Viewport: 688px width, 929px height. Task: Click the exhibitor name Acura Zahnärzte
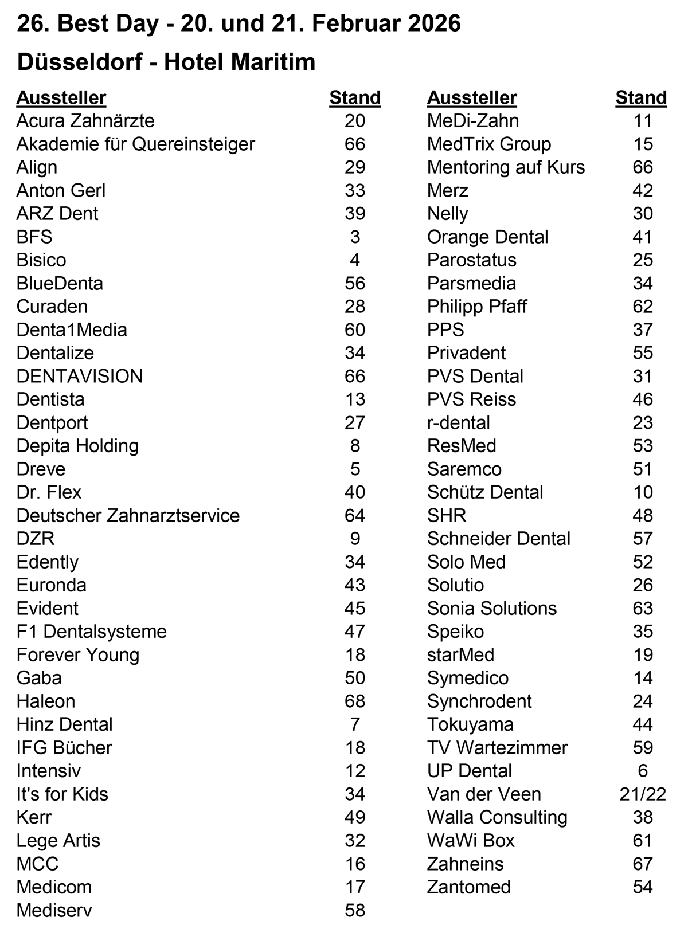tap(85, 121)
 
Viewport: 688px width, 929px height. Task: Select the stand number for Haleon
tap(355, 701)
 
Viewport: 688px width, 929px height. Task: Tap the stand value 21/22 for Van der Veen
tap(643, 794)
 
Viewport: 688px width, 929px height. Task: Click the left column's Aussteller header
tap(61, 98)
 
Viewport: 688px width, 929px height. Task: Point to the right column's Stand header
tap(641, 98)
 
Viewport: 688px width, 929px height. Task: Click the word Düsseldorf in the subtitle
tap(80, 62)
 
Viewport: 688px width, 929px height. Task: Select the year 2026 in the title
tap(434, 23)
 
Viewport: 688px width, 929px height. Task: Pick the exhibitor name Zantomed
tap(468, 887)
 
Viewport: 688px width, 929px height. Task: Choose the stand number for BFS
tap(355, 237)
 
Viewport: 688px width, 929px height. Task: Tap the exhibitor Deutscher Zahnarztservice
tap(128, 515)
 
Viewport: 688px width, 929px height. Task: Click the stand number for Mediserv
tap(355, 910)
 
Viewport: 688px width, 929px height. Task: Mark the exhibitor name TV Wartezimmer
tap(497, 747)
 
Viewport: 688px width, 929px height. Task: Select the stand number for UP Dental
tap(643, 771)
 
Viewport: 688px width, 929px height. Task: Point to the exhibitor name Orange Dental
tap(487, 237)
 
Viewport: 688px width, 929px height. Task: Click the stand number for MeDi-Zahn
tap(643, 121)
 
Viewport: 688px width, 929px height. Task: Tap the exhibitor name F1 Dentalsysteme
tap(92, 632)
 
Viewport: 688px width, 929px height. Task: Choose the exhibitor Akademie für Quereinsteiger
tap(135, 144)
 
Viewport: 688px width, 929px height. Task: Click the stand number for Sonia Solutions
tap(643, 608)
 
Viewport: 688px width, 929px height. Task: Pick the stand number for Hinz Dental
tap(355, 724)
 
